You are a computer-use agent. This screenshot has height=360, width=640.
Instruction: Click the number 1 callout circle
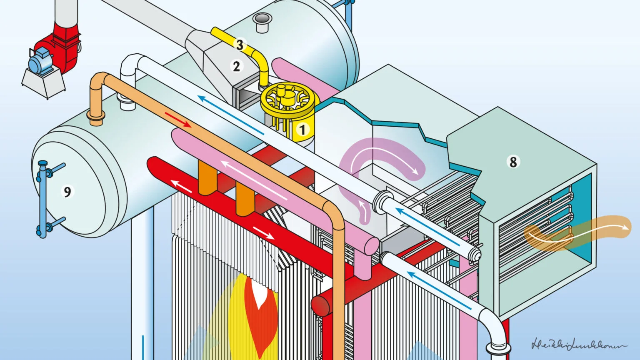point(303,130)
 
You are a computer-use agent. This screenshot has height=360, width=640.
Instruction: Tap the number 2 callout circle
point(237,66)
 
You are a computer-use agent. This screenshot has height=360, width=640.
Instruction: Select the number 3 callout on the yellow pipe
point(239,45)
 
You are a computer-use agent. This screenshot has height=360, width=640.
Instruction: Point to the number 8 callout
point(513,162)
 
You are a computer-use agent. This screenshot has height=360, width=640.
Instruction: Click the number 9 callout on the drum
point(67,191)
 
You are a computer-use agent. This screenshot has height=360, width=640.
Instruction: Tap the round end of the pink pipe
point(371,246)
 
